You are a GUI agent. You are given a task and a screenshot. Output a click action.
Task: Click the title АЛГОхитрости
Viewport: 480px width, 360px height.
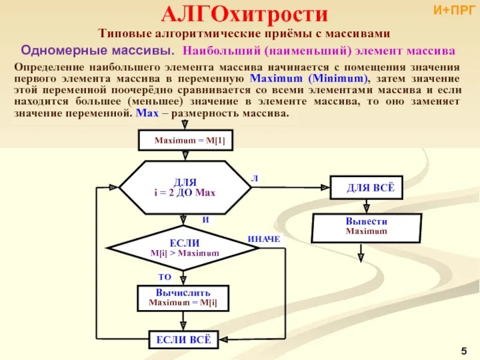245,14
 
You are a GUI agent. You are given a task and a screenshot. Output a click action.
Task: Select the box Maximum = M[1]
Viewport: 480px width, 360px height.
185,140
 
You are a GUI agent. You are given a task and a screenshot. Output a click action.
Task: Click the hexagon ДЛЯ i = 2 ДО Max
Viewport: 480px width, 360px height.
185,187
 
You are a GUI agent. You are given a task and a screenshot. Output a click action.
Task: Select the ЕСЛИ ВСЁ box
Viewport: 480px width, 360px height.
184,340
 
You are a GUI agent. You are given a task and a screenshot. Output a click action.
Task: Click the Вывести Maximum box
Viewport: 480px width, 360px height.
366,226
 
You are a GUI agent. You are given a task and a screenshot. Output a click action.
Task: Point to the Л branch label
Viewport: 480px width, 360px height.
254,178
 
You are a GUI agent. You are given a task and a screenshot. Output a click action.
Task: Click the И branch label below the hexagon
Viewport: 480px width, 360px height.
205,220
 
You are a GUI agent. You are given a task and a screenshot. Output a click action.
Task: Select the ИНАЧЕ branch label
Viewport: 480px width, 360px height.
264,239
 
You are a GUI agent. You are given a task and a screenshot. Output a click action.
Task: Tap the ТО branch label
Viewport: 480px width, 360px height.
164,277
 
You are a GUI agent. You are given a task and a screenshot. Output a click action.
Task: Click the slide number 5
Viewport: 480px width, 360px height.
464,350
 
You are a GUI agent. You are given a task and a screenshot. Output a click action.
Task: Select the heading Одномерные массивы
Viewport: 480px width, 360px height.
98,48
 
